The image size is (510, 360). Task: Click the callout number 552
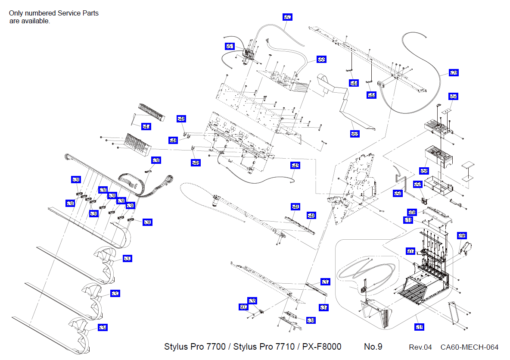(x=287, y=17)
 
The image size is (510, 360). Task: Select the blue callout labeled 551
(x=230, y=46)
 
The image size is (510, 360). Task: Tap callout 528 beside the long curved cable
(x=453, y=73)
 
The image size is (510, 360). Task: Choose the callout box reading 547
(x=146, y=126)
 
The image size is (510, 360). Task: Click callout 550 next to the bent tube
(x=398, y=194)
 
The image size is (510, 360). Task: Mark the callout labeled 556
(x=423, y=171)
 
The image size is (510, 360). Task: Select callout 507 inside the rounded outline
(x=410, y=250)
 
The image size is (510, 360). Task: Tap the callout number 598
(x=462, y=236)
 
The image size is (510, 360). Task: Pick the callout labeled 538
(x=311, y=320)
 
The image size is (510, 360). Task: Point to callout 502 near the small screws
(x=243, y=307)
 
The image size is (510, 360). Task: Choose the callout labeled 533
(x=252, y=301)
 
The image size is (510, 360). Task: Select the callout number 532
(x=115, y=293)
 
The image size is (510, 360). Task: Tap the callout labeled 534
(x=103, y=328)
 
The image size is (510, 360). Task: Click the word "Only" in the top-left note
(x=16, y=13)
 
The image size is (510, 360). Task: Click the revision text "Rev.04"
(x=420, y=347)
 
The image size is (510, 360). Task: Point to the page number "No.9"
(x=373, y=347)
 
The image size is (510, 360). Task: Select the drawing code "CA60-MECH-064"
(x=469, y=347)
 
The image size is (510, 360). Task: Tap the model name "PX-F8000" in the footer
(x=321, y=347)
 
